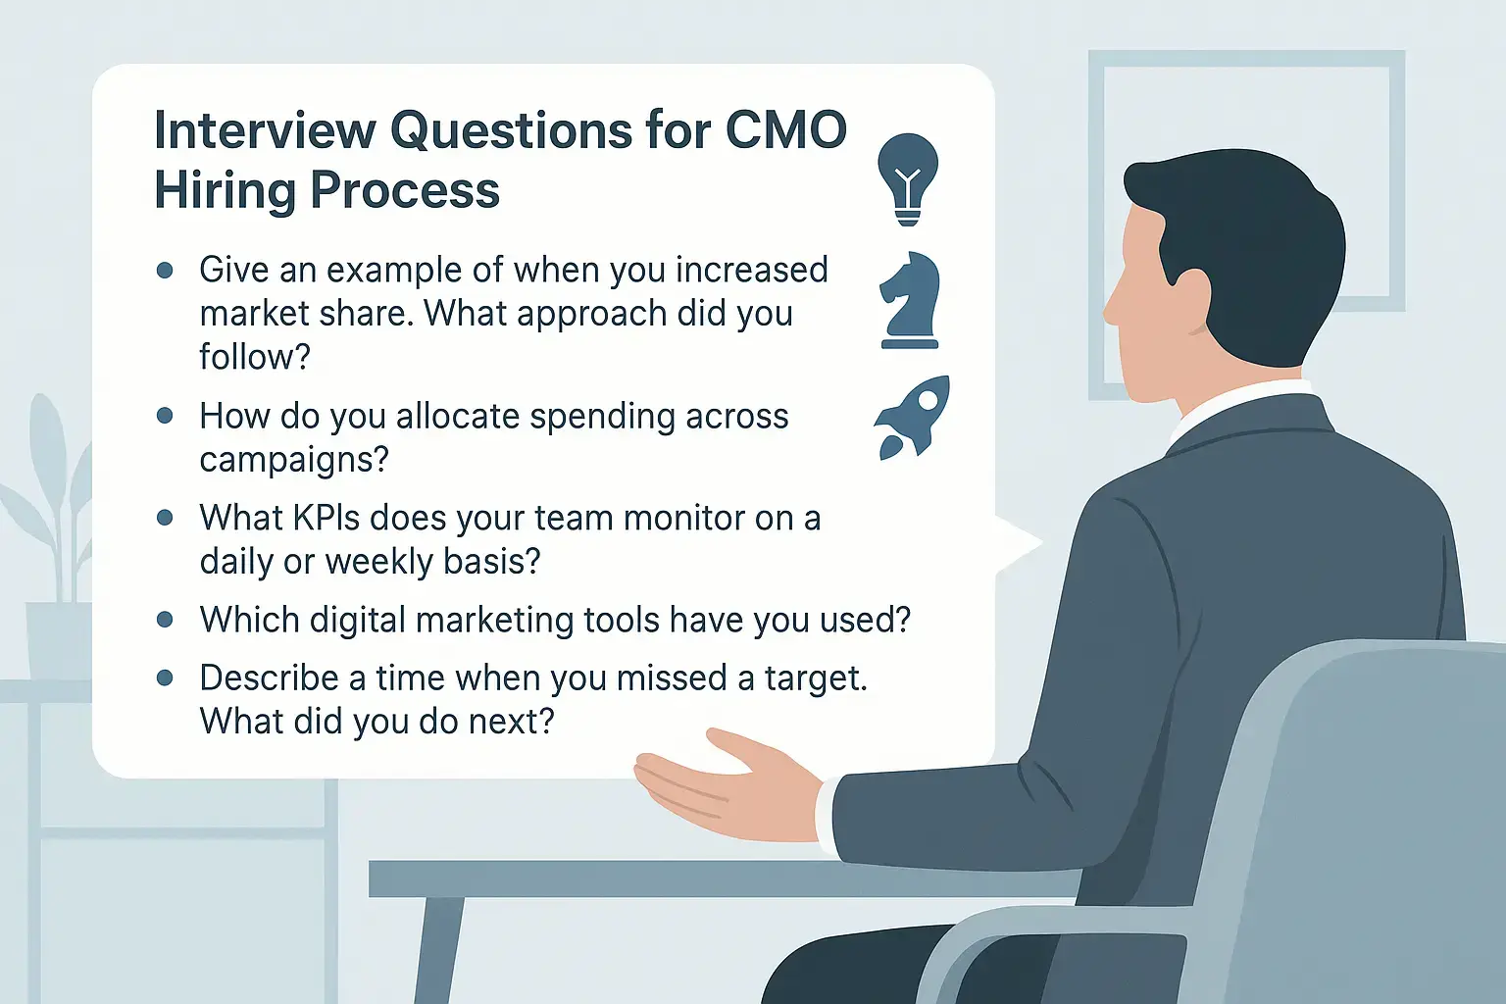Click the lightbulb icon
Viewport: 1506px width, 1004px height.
tap(908, 178)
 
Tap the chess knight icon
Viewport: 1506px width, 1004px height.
tap(909, 301)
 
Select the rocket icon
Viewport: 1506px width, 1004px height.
tap(913, 418)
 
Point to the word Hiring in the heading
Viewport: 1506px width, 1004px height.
tap(226, 191)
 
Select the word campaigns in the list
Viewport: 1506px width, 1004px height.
tap(294, 460)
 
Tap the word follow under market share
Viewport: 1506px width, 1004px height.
tap(255, 357)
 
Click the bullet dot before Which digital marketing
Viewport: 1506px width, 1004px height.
tap(165, 620)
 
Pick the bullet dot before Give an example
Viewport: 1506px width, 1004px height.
tap(165, 271)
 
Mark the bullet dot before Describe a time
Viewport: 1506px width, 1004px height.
tap(165, 678)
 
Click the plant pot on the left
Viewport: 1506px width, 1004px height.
tap(59, 641)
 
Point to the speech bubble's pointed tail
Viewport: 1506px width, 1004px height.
tap(1019, 542)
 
